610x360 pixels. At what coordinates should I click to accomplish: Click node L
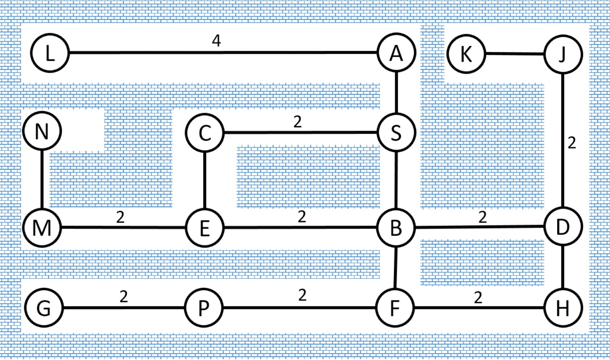click(50, 53)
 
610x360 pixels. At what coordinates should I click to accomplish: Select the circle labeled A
click(396, 53)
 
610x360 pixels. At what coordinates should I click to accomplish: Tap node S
click(396, 132)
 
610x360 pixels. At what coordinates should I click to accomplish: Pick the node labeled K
click(467, 54)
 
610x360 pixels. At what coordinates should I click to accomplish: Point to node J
click(563, 54)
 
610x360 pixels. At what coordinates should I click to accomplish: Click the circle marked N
click(42, 131)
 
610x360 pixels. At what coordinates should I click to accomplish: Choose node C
click(205, 133)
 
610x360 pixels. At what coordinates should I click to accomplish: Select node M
click(42, 228)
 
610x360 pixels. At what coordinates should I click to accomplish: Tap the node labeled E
click(205, 228)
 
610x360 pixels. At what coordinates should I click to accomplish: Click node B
click(396, 228)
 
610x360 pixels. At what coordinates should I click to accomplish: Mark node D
click(563, 226)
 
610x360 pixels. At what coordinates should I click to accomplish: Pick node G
click(44, 308)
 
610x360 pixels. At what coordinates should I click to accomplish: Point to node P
click(204, 308)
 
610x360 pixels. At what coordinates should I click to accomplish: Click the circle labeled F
click(395, 308)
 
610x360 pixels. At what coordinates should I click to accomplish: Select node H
click(563, 308)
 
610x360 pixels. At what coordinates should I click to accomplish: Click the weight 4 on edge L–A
click(217, 41)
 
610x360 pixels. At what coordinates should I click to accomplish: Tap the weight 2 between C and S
click(297, 122)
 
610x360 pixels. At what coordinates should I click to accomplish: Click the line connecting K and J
click(515, 54)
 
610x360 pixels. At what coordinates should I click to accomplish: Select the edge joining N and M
click(42, 179)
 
